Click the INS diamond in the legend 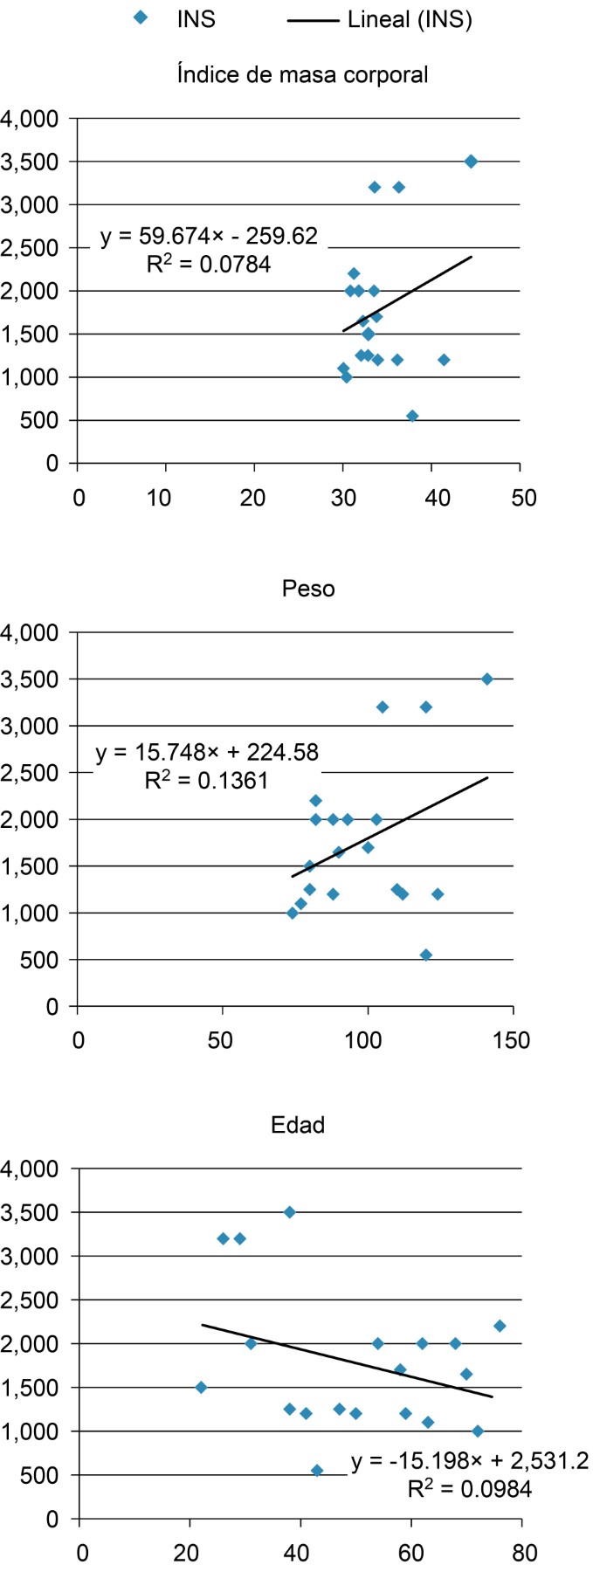[139, 17]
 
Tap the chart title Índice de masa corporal [302, 74]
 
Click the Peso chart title [308, 588]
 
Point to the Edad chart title [299, 1124]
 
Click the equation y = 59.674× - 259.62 [209, 236]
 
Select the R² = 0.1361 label [206, 779]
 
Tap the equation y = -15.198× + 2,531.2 [470, 1462]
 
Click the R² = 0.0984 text [470, 1488]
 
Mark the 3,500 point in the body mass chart [471, 162]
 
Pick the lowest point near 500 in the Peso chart [426, 955]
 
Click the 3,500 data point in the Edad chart [290, 1212]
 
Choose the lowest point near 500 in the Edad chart [317, 1471]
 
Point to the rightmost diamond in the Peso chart [487, 679]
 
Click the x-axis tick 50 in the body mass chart [524, 498]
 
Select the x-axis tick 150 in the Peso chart [512, 1040]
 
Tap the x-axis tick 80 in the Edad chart [525, 1554]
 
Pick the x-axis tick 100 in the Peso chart [367, 1040]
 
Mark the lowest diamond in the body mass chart [412, 417]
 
